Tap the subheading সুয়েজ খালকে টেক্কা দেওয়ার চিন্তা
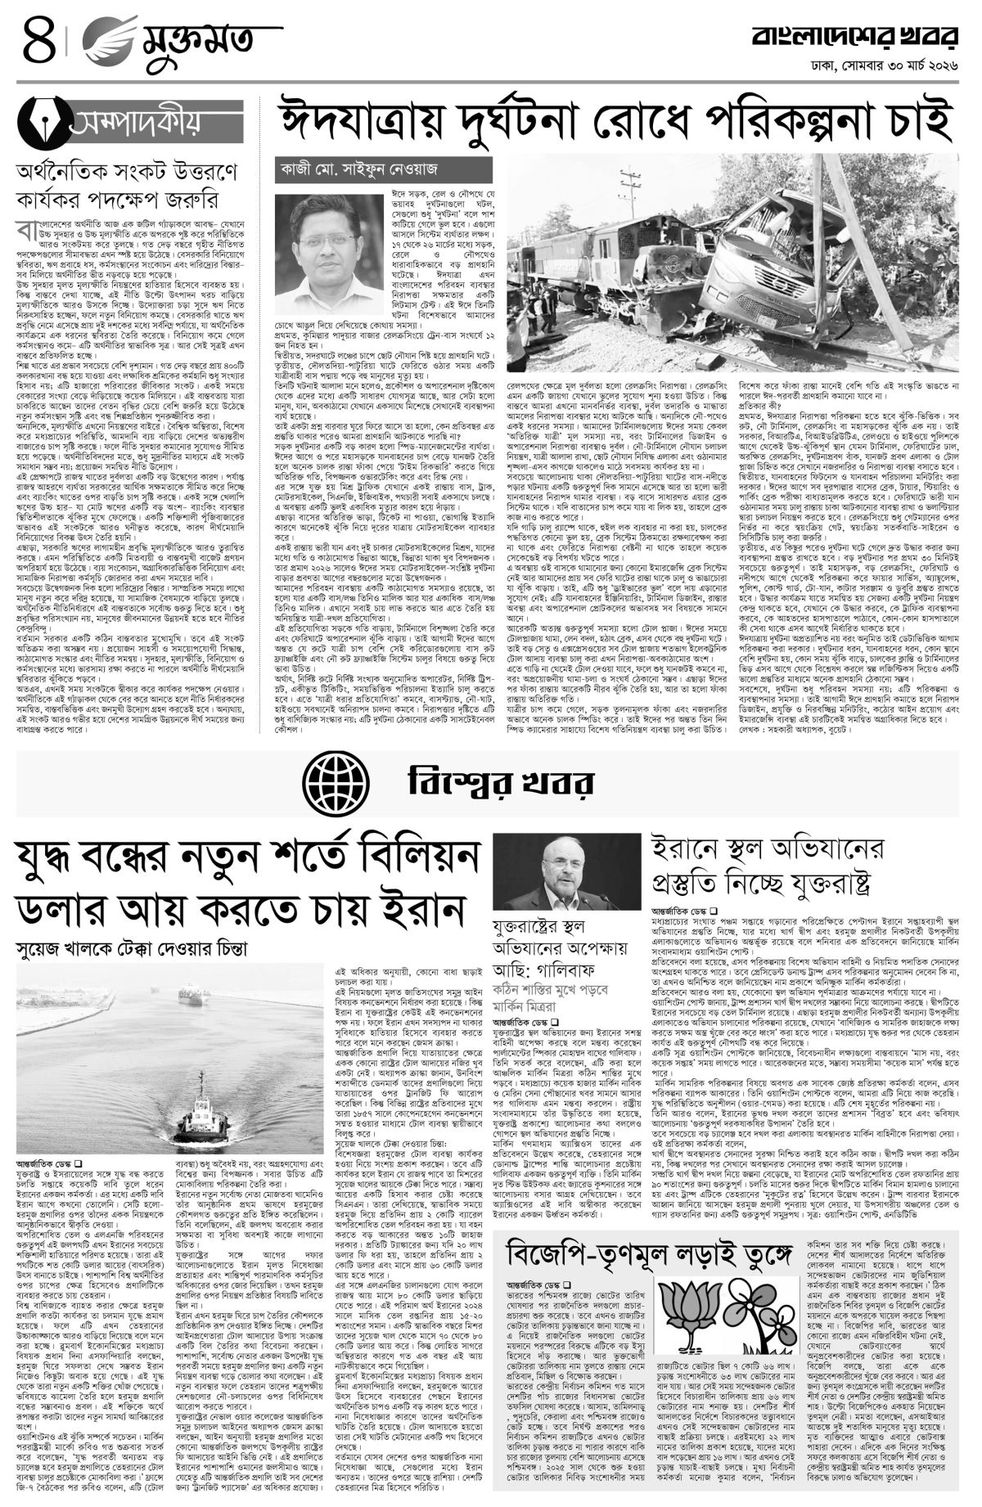132,948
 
